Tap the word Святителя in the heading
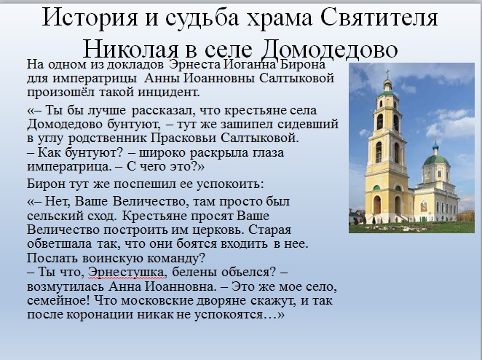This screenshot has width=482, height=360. tap(379, 17)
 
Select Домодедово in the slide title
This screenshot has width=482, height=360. tap(330, 50)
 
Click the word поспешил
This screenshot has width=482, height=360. tap(152, 184)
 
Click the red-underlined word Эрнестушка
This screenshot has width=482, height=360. tap(126, 273)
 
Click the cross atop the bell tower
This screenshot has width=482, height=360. tap(387, 73)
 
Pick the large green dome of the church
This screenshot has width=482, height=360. tap(436, 160)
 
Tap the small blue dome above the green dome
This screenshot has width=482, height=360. tap(435, 145)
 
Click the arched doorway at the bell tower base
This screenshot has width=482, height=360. tap(377, 205)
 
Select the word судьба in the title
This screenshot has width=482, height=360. tap(202, 17)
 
